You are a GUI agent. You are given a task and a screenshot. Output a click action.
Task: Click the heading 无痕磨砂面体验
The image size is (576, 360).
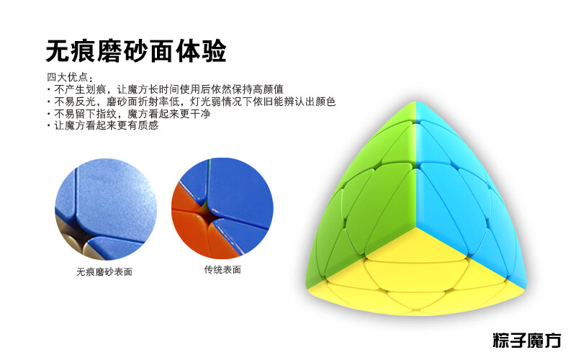pyautogui.click(x=135, y=50)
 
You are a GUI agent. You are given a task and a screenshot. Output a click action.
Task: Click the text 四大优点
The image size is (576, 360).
pyautogui.click(x=67, y=77)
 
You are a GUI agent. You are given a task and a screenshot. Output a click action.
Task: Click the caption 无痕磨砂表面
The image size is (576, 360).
pyautogui.click(x=104, y=272)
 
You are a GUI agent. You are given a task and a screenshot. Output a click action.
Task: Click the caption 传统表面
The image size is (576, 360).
pyautogui.click(x=222, y=269)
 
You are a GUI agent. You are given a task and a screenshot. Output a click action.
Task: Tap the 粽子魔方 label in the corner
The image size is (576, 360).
pyautogui.click(x=527, y=341)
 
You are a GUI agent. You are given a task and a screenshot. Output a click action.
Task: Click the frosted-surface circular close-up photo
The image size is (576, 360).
pyautogui.click(x=106, y=209)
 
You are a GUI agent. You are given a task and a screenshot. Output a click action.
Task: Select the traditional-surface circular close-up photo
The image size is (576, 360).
pyautogui.click(x=222, y=208)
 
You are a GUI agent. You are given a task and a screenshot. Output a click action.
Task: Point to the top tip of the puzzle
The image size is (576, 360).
pyautogui.click(x=416, y=103)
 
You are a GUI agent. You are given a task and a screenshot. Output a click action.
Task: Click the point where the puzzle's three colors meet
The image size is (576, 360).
pyautogui.click(x=416, y=228)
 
